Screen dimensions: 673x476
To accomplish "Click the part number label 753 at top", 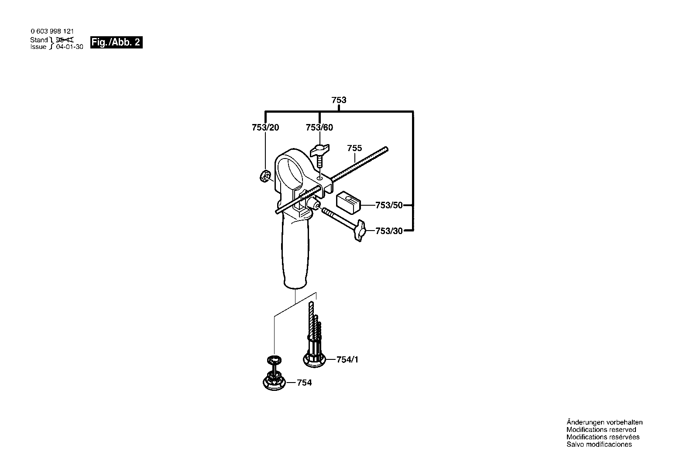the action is pyautogui.click(x=339, y=100).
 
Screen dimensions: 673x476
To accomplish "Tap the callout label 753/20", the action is pyautogui.click(x=265, y=128).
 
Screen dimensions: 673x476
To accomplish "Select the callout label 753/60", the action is pyautogui.click(x=319, y=128).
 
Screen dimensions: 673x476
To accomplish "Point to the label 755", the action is pyautogui.click(x=354, y=148).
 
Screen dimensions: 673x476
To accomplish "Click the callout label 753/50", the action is pyautogui.click(x=389, y=205).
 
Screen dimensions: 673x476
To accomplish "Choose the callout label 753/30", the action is pyautogui.click(x=389, y=231).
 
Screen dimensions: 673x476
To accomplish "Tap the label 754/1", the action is pyautogui.click(x=347, y=360).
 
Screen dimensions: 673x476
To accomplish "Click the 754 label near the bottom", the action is pyautogui.click(x=304, y=383).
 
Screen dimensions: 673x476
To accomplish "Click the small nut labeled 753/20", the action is pyautogui.click(x=265, y=176).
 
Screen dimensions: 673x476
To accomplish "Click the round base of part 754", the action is pyautogui.click(x=274, y=383).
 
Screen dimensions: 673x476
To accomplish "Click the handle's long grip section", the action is pyautogui.click(x=295, y=255).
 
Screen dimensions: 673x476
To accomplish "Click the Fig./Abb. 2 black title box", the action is pyautogui.click(x=116, y=42).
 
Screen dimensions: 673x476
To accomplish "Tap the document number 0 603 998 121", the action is pyautogui.click(x=52, y=31).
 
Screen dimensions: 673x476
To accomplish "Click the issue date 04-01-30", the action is pyautogui.click(x=70, y=47).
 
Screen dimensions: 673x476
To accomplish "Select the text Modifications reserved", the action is pyautogui.click(x=601, y=430).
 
